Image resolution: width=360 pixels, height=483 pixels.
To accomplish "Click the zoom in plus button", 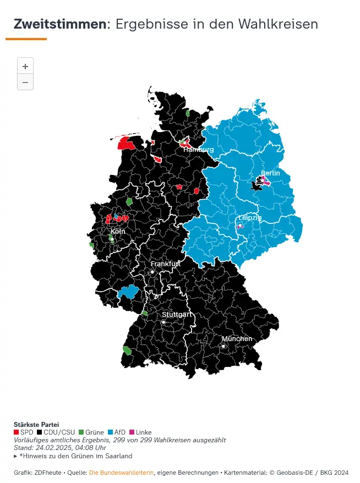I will click(x=25, y=66).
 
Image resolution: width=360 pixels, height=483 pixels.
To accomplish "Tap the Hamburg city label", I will click(x=198, y=150).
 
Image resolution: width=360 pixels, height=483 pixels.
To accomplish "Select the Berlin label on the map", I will click(x=270, y=173).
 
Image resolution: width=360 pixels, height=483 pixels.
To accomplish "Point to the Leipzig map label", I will click(x=249, y=218).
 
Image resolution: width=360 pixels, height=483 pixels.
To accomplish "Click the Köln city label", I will click(x=118, y=231).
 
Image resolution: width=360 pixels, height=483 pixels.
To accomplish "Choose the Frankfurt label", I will click(x=166, y=264).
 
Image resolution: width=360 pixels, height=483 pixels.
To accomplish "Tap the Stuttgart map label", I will click(x=177, y=315).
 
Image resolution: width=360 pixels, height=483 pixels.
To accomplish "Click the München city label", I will click(x=237, y=339).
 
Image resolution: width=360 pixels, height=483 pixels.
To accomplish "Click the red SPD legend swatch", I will click(x=17, y=432).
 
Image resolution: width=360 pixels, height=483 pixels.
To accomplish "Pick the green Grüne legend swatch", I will click(x=81, y=432).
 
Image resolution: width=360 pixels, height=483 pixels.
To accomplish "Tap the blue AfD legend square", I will click(x=110, y=432).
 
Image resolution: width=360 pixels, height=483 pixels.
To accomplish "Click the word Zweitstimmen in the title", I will click(x=60, y=24).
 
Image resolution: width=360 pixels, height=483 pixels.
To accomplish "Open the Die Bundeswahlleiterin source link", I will click(x=122, y=472).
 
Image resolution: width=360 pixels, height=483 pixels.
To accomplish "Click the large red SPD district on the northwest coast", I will click(x=127, y=144).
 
